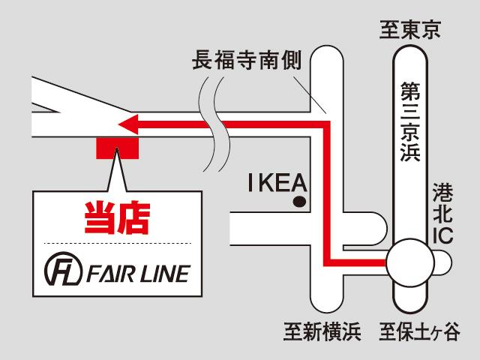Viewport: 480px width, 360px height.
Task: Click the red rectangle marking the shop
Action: (x=117, y=148)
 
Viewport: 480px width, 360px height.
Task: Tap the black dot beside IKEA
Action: (x=300, y=201)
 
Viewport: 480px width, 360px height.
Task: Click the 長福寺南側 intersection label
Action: (x=247, y=60)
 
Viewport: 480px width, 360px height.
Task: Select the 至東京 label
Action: (x=410, y=31)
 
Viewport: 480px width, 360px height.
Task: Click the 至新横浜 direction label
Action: (x=322, y=331)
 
